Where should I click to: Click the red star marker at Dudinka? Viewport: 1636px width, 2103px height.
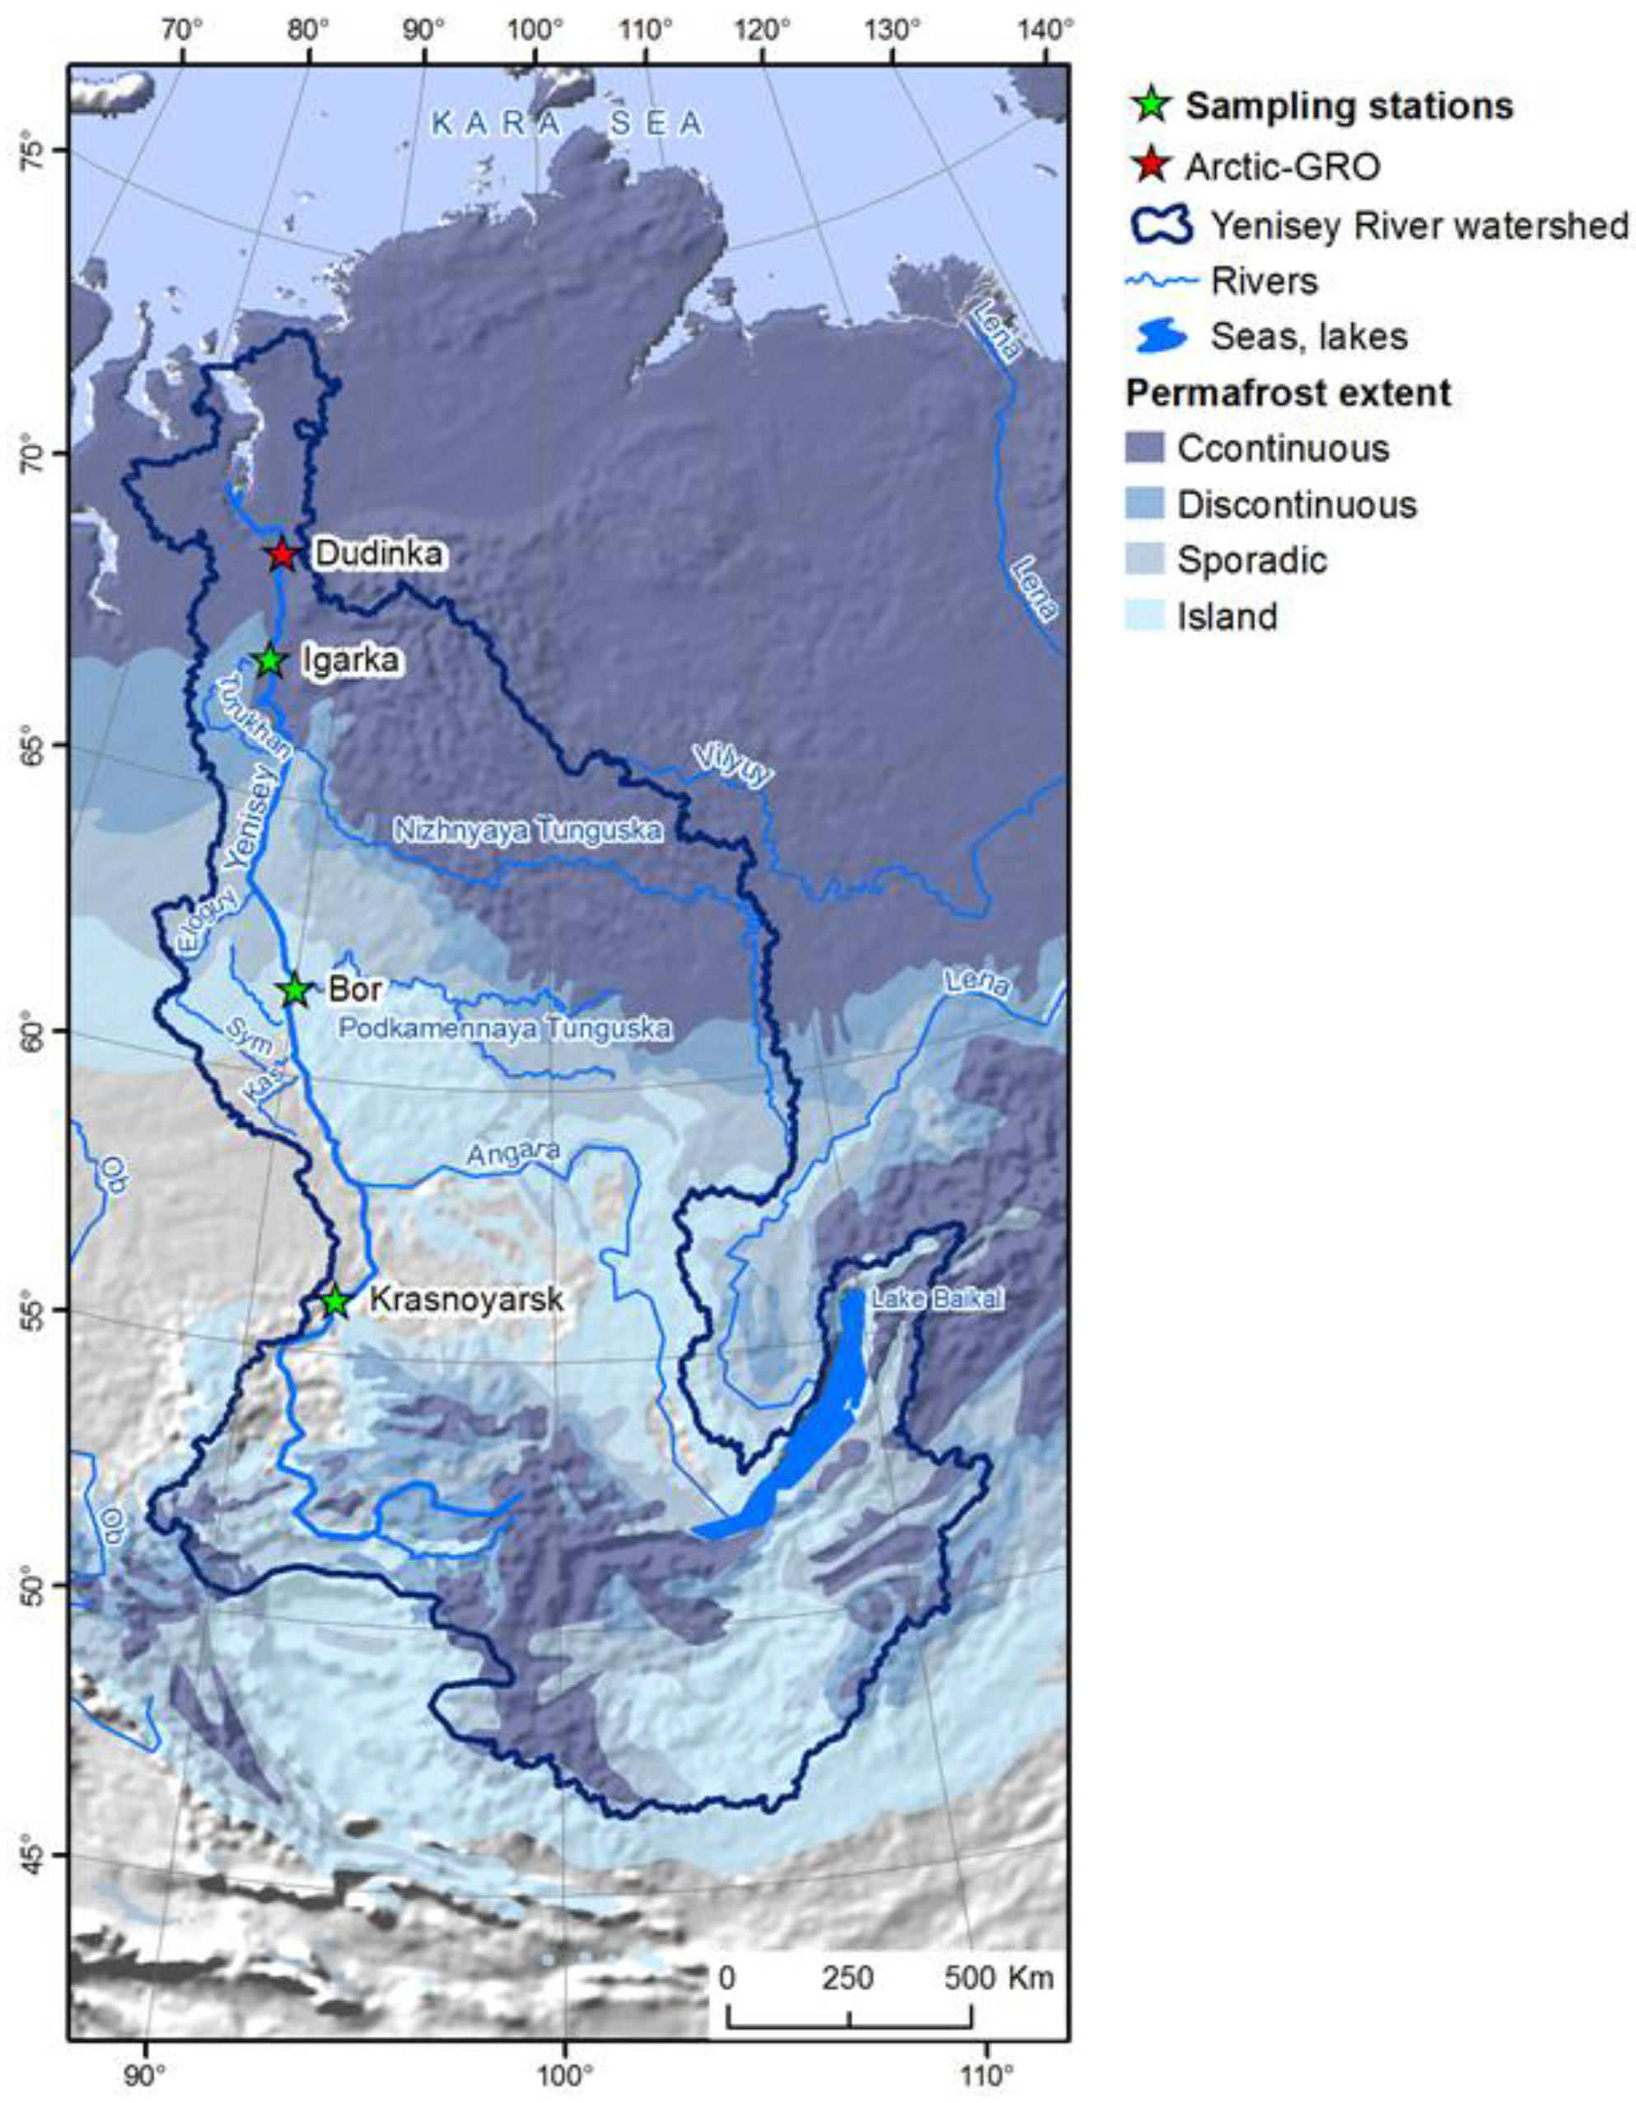coord(281,554)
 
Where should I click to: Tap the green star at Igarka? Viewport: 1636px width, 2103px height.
coord(270,661)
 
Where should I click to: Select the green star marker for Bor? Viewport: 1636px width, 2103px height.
coord(296,989)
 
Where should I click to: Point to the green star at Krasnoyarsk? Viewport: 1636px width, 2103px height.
coord(335,1301)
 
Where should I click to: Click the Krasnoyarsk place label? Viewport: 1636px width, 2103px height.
coord(466,1300)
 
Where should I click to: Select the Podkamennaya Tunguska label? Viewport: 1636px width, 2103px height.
coord(503,1028)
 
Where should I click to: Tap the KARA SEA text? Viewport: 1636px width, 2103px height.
coord(567,124)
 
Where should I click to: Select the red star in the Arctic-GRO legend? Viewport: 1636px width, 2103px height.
coord(1151,166)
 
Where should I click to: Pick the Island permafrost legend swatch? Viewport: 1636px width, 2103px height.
coord(1144,615)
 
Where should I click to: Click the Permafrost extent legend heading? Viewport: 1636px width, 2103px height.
coord(1288,393)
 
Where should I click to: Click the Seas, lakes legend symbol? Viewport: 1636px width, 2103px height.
coord(1158,336)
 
